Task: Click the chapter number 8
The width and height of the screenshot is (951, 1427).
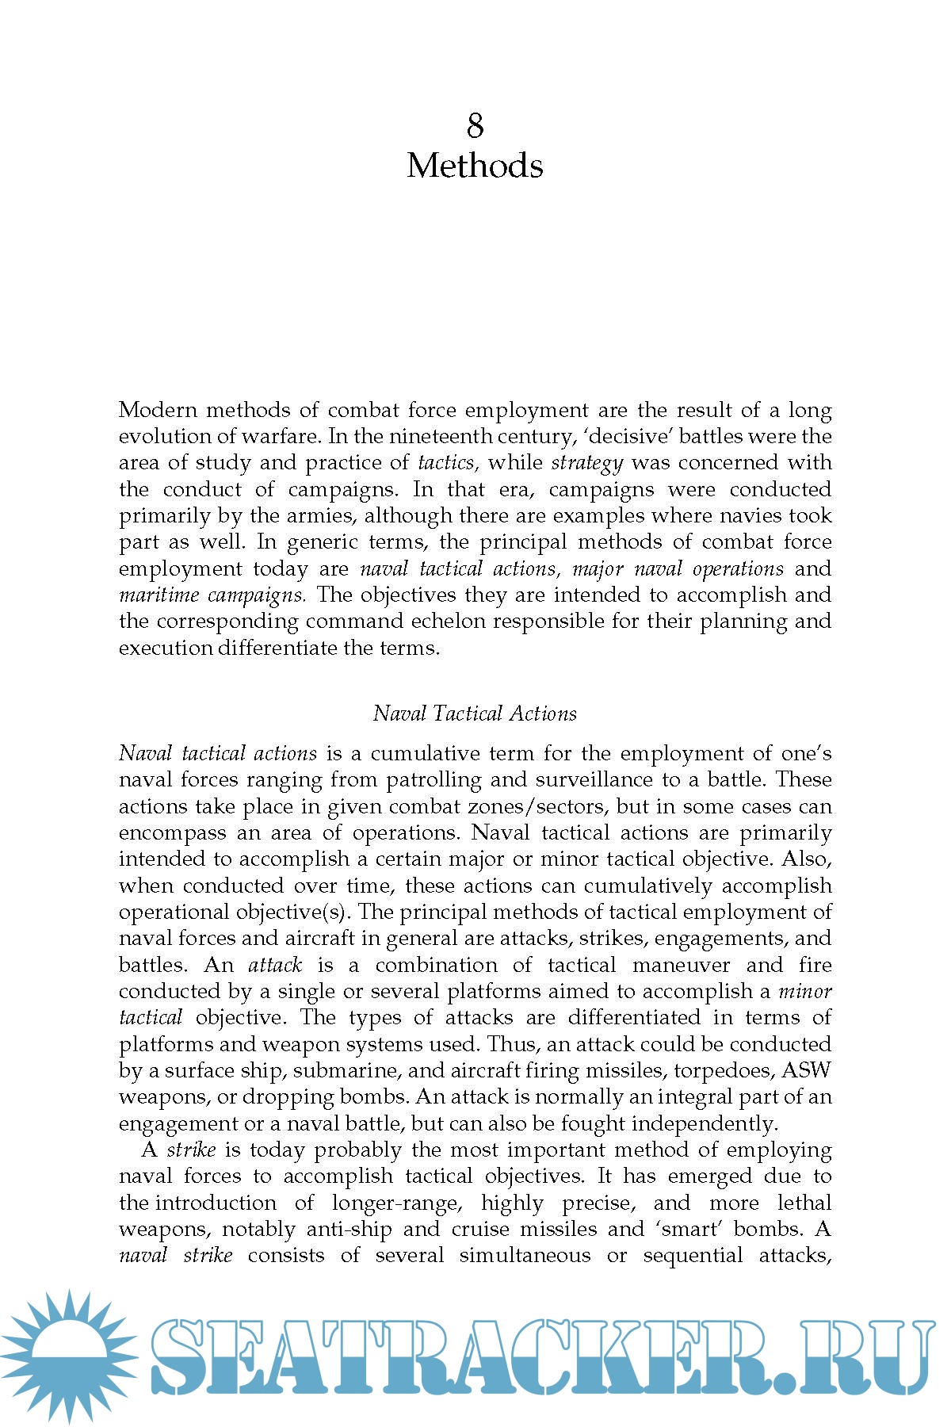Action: pyautogui.click(x=475, y=125)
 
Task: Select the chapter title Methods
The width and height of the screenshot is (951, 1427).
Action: pyautogui.click(x=475, y=166)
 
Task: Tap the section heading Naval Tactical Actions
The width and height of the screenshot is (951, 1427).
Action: pyautogui.click(x=475, y=713)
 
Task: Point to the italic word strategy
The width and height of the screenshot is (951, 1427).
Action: pyautogui.click(x=587, y=463)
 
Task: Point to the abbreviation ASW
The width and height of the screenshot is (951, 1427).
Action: pyautogui.click(x=806, y=1071)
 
